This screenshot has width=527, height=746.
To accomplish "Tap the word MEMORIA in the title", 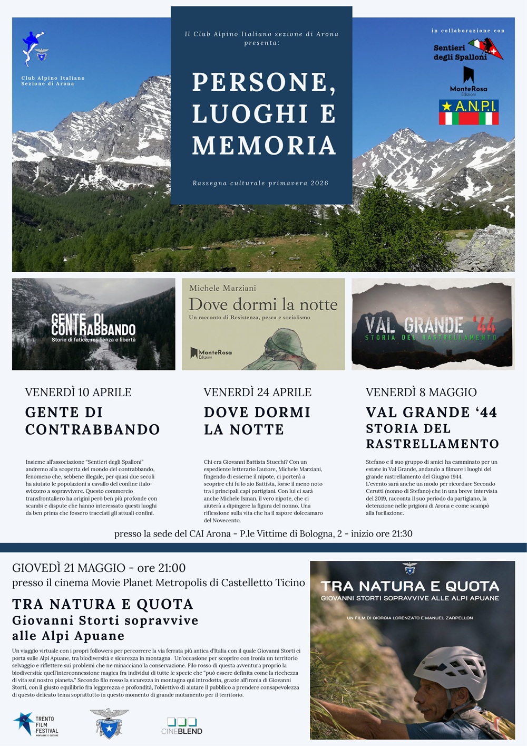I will click(264, 146).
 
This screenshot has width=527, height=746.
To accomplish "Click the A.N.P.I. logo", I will click(469, 112).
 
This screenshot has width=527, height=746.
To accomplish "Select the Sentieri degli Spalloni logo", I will click(468, 51).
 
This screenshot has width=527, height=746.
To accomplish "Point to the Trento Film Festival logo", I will click(36, 724).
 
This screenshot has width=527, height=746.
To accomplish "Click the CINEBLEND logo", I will click(182, 726).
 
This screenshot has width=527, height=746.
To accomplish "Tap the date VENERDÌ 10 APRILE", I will click(78, 393).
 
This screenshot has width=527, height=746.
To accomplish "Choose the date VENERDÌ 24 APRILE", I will click(257, 393).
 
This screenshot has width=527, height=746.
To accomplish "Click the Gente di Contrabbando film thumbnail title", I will click(93, 325).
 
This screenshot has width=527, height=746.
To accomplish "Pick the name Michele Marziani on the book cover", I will click(222, 288).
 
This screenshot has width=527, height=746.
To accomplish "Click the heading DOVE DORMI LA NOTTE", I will click(257, 420).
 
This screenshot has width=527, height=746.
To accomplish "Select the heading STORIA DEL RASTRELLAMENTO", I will click(432, 436).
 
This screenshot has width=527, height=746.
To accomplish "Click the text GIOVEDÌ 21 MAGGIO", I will click(69, 568).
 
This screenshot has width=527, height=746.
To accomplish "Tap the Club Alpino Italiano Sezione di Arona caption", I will click(53, 81).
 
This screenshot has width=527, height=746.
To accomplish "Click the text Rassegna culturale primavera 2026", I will click(260, 183).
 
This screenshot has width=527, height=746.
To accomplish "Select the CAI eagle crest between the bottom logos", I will click(109, 723).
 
